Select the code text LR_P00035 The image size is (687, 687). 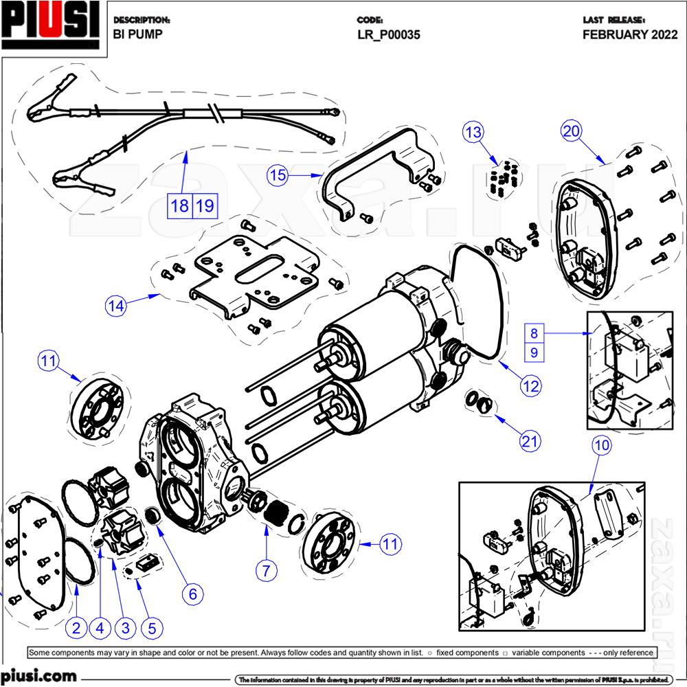coord(388,34)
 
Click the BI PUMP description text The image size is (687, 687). coord(137,34)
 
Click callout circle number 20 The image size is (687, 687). coord(572,131)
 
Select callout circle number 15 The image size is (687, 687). coord(277,175)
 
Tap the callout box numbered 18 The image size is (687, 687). coord(180,205)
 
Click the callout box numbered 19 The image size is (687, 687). coord(205,205)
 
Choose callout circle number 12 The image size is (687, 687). coord(530,386)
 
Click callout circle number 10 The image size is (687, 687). coord(601,446)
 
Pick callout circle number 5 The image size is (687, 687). coord(152,627)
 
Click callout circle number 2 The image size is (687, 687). coord(76,627)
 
